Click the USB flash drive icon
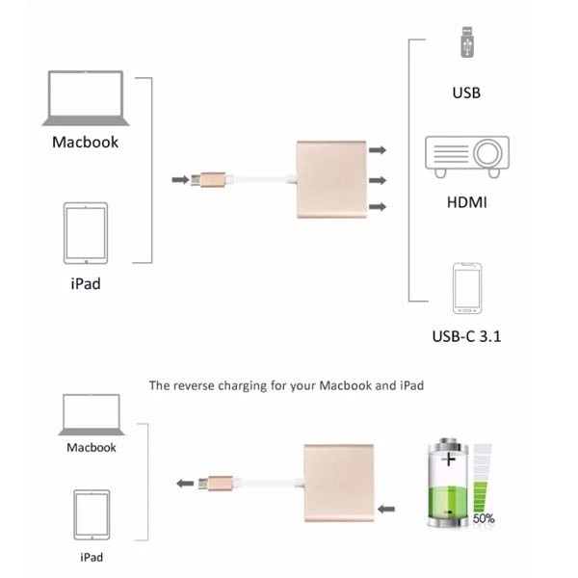466,42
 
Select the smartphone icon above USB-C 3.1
467,288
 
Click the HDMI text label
466,202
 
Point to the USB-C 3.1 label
466,336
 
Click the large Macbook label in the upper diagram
85,142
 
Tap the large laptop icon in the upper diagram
86,98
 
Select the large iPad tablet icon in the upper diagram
86,233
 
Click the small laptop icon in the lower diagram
92,414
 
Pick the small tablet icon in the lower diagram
92,514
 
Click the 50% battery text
484,518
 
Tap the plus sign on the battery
449,460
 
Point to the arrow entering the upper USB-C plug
181,180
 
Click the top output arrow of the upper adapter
378,150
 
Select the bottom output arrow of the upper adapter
378,206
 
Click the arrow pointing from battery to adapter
386,509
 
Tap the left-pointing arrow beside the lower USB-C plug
185,484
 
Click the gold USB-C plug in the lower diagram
216,484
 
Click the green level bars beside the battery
481,496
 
